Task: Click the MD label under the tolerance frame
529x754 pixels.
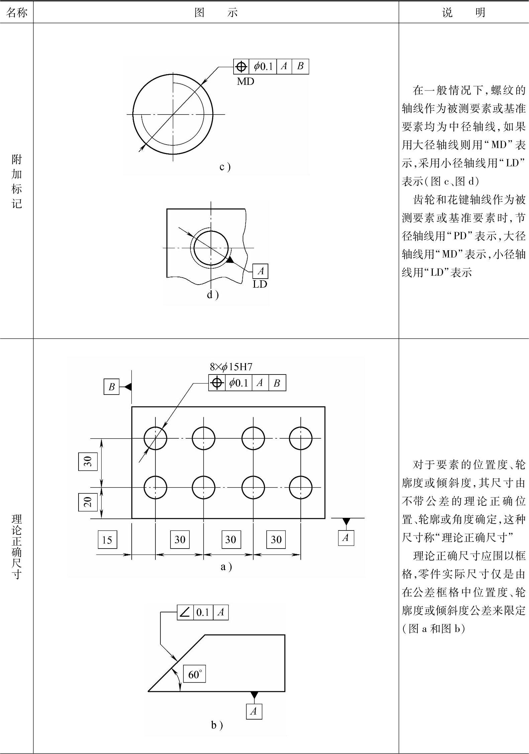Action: [x=245, y=81]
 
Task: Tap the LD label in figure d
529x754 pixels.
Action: [x=260, y=284]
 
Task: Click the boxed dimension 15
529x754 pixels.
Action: [x=107, y=539]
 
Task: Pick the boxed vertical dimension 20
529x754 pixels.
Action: [x=88, y=501]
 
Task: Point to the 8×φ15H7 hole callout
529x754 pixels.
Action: [x=231, y=367]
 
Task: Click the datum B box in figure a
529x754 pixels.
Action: [x=111, y=387]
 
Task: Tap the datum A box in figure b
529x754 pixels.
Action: [x=254, y=711]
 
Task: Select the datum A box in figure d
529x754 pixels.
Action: [x=260, y=271]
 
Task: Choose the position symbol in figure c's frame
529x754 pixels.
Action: [x=241, y=66]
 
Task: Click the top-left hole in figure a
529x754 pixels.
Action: [x=155, y=438]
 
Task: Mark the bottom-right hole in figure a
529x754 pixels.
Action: [x=300, y=487]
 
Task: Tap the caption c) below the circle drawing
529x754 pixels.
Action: [x=225, y=167]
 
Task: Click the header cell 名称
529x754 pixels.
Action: [x=16, y=12]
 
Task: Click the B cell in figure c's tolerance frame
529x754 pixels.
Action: [x=300, y=66]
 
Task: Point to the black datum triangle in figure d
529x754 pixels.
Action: [x=230, y=260]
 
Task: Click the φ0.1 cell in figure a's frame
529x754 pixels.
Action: [x=239, y=383]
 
